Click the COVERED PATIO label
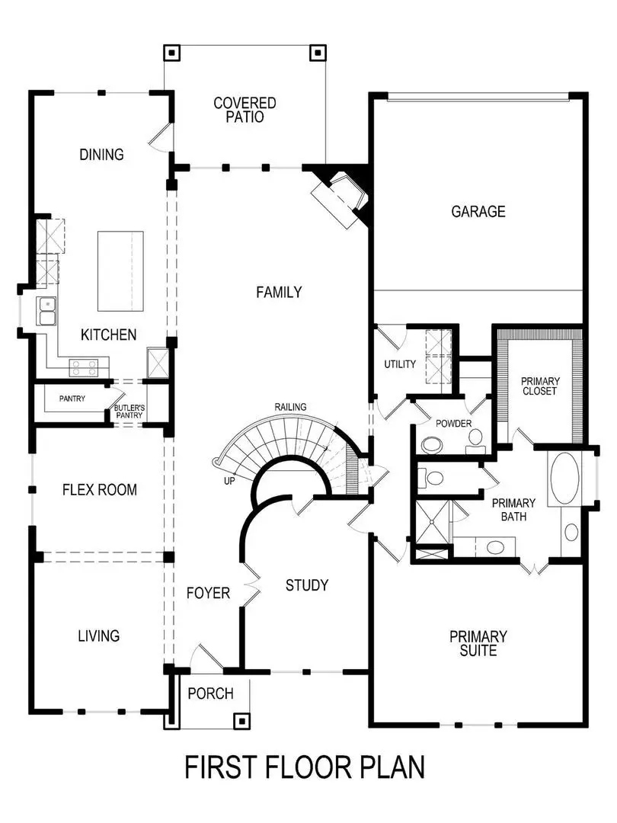[245, 110]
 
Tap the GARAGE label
[478, 211]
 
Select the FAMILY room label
[279, 292]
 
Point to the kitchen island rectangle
[120, 271]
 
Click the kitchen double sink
[46, 312]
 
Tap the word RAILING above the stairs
[291, 407]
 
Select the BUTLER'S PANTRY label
[129, 412]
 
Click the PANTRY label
[72, 399]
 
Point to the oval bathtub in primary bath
[564, 479]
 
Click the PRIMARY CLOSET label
[539, 386]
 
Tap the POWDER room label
[454, 424]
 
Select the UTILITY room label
[400, 363]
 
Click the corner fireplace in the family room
[340, 197]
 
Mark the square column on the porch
[241, 719]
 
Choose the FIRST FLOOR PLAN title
[305, 767]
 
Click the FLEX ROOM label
[100, 490]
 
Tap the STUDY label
[307, 585]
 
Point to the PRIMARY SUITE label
[478, 643]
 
